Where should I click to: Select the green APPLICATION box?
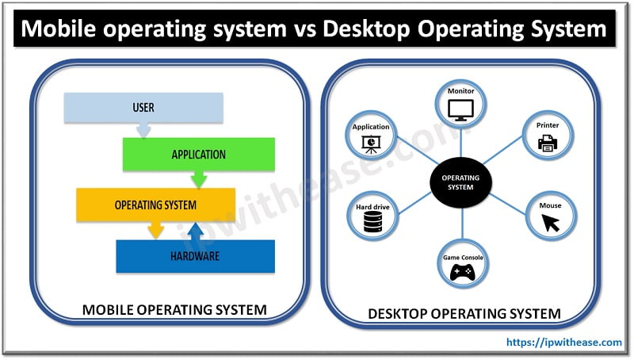pos(198,154)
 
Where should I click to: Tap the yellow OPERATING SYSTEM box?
pos(155,204)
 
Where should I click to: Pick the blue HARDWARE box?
pos(195,256)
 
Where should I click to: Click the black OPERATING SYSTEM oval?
pos(460,182)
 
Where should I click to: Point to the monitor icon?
pos(461,109)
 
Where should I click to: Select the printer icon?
pos(548,143)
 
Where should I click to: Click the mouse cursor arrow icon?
pos(549,223)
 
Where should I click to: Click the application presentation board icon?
pos(371,143)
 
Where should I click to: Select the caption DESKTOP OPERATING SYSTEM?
pos(464,313)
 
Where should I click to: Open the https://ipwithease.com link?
pos(563,343)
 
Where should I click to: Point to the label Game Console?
pos(461,258)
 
